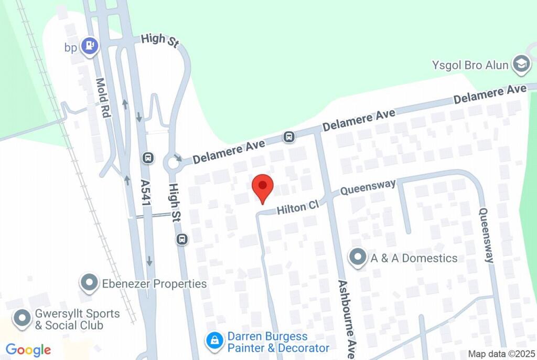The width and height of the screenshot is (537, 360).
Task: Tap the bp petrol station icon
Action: click(x=91, y=46)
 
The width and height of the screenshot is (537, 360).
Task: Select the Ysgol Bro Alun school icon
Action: click(x=521, y=65)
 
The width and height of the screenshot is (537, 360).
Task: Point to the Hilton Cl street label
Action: click(x=298, y=208)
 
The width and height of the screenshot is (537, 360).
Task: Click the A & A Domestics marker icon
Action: click(x=358, y=258)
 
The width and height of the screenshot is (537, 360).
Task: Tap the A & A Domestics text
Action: click(x=414, y=258)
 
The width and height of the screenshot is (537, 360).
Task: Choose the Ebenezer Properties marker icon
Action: click(x=90, y=283)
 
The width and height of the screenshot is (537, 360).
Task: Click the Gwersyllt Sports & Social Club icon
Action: click(x=22, y=318)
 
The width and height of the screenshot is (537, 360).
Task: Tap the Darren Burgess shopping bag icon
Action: click(x=214, y=341)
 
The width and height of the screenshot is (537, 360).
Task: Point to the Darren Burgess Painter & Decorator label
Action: click(x=278, y=342)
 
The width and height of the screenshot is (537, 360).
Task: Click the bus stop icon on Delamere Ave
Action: click(x=288, y=137)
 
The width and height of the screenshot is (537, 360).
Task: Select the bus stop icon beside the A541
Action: click(x=148, y=157)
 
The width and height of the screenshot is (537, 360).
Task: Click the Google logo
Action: click(x=28, y=350)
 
